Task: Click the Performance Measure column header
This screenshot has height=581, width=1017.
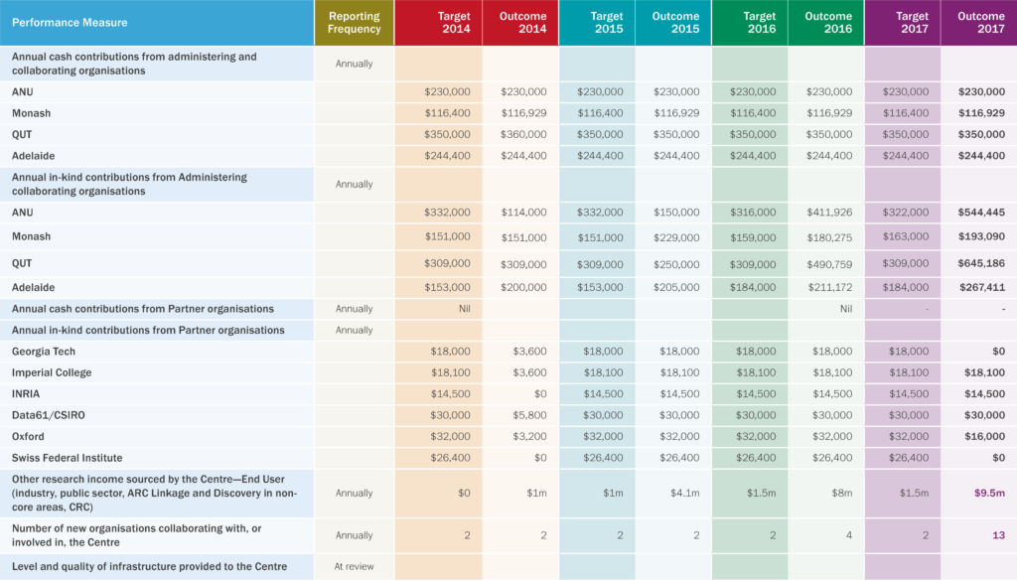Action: [70, 22]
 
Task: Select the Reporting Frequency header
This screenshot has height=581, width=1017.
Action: [355, 22]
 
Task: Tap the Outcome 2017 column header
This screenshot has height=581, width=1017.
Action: [980, 22]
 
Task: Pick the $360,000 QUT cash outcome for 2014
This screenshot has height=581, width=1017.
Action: [523, 134]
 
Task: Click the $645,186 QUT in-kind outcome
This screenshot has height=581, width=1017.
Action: [981, 263]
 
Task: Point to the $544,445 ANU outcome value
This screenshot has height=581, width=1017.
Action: [981, 213]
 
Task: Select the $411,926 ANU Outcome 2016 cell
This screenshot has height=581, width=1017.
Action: [828, 213]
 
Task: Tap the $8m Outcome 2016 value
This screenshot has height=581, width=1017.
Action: [839, 493]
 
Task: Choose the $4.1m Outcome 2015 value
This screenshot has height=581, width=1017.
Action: [685, 493]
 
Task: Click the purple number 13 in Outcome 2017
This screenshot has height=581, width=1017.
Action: [998, 535]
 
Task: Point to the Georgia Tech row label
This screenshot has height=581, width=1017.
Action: [44, 352]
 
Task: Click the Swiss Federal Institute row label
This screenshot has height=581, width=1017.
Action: [68, 458]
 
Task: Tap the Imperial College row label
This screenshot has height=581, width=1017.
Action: [52, 372]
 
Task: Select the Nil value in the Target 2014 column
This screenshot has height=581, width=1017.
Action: [462, 309]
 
